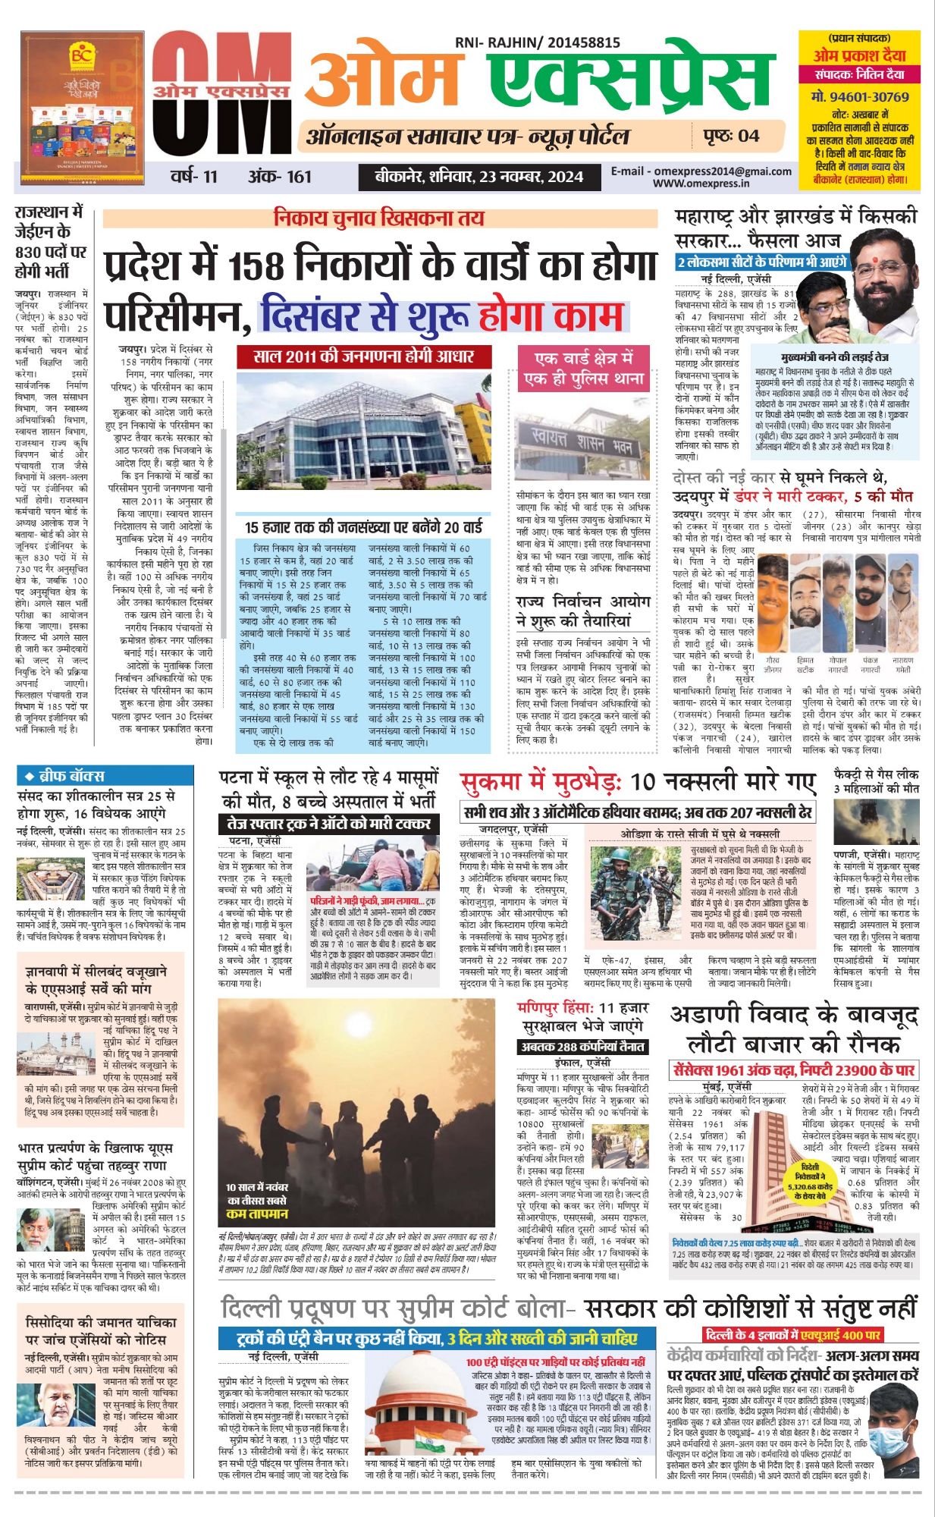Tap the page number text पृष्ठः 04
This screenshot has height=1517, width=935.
click(x=730, y=137)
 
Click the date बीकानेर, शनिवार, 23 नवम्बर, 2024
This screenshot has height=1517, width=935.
click(x=479, y=177)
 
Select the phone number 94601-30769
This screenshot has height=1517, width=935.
click(x=859, y=97)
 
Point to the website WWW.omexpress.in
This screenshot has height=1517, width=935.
click(x=701, y=183)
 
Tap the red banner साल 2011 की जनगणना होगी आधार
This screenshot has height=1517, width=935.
click(x=363, y=356)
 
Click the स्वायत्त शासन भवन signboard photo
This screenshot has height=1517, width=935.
click(x=582, y=444)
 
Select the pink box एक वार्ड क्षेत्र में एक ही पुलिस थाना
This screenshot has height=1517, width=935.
click(x=583, y=369)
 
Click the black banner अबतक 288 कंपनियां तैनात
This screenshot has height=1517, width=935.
click(x=582, y=1047)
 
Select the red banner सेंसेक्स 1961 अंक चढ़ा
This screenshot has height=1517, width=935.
click(x=794, y=1070)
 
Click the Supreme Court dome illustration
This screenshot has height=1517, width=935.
click(x=409, y=1409)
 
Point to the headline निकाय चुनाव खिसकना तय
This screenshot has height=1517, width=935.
click(x=379, y=218)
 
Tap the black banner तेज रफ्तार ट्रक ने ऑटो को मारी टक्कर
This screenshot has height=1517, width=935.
click(x=328, y=823)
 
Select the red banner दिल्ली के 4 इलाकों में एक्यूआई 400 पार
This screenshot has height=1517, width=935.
click(x=792, y=1335)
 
